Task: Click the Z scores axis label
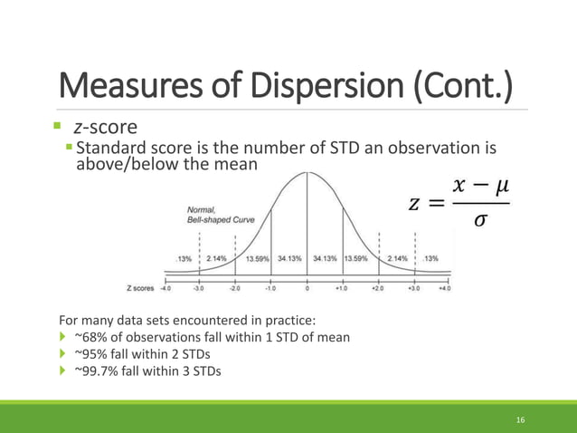click(x=141, y=290)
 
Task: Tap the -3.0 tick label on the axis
click(x=199, y=290)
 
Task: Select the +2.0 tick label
click(x=379, y=290)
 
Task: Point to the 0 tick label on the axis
click(x=307, y=290)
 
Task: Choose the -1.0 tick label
click(x=270, y=290)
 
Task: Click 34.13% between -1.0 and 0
click(x=289, y=258)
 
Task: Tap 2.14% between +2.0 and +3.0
click(x=398, y=258)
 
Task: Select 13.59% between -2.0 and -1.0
click(x=257, y=258)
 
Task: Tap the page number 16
click(x=520, y=420)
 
